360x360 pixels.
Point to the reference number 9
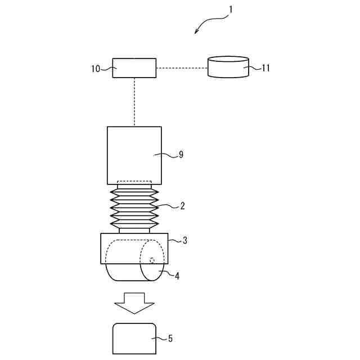tap(181, 154)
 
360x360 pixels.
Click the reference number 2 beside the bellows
tap(182, 206)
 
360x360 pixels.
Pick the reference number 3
tap(185, 240)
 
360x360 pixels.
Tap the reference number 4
tap(177, 276)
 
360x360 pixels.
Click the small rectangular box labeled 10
tap(134, 68)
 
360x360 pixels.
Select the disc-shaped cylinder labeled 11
tap(228, 66)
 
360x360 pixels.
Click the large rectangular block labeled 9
tap(134, 155)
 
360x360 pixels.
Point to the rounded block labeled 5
tap(134, 337)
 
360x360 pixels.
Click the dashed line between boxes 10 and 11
tap(182, 68)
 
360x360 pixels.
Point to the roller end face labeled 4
tap(154, 260)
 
